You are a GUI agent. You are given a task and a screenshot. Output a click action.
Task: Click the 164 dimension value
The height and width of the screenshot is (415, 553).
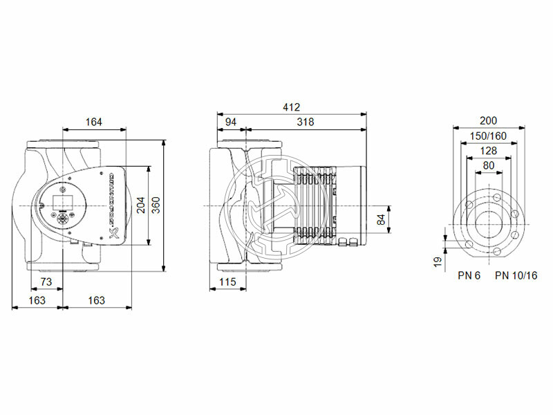(x=94, y=122)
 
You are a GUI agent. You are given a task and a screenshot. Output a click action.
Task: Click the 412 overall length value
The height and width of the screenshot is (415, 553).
(x=291, y=107)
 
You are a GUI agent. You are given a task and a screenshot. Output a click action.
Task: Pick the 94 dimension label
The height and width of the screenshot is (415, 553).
(x=231, y=122)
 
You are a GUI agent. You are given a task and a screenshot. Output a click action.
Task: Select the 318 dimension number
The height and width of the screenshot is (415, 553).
(x=305, y=122)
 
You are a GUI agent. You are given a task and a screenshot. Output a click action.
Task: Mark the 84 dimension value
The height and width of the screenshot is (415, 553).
(x=380, y=220)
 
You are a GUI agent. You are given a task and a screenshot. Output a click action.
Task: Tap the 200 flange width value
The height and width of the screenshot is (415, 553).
(x=488, y=120)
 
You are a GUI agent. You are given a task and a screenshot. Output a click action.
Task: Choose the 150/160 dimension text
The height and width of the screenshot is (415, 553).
(x=488, y=136)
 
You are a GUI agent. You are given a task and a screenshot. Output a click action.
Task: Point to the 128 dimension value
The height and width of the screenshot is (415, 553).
(x=488, y=151)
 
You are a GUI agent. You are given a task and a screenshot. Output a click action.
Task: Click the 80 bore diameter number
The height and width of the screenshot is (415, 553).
(x=488, y=165)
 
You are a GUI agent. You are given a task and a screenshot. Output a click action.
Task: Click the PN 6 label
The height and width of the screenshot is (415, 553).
(x=469, y=275)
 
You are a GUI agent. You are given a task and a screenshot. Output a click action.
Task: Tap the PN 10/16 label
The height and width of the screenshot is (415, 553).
(x=516, y=275)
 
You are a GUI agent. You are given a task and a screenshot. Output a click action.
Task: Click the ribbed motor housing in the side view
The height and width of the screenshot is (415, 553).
(x=315, y=205)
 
